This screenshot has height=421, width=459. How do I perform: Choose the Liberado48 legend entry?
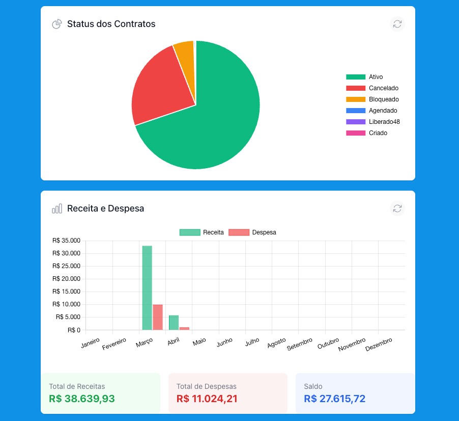coord(372,122)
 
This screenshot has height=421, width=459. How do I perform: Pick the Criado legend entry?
coord(366,133)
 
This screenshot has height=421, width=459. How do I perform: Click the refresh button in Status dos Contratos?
coord(397,24)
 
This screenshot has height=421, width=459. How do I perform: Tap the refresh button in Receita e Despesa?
coord(397,208)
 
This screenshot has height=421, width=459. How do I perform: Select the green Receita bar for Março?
coord(147,288)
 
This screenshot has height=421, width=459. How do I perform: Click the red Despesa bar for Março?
coord(158,317)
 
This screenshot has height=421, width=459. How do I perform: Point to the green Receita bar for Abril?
coord(174,323)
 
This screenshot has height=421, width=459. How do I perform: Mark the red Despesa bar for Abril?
coord(184,329)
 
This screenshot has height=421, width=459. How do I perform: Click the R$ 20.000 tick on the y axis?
coord(66,279)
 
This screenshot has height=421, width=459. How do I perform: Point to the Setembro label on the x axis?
coord(299,344)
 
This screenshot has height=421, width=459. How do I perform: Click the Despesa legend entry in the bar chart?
coord(252,232)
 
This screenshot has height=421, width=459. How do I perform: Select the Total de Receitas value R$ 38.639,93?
coord(81,399)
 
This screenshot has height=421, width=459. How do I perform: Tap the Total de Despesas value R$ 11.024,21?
coord(207,399)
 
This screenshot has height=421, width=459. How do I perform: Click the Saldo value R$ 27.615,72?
coord(335,399)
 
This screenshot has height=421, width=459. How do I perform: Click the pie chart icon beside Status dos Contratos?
coord(57,24)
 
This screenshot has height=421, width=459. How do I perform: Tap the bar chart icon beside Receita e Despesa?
coord(57,208)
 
